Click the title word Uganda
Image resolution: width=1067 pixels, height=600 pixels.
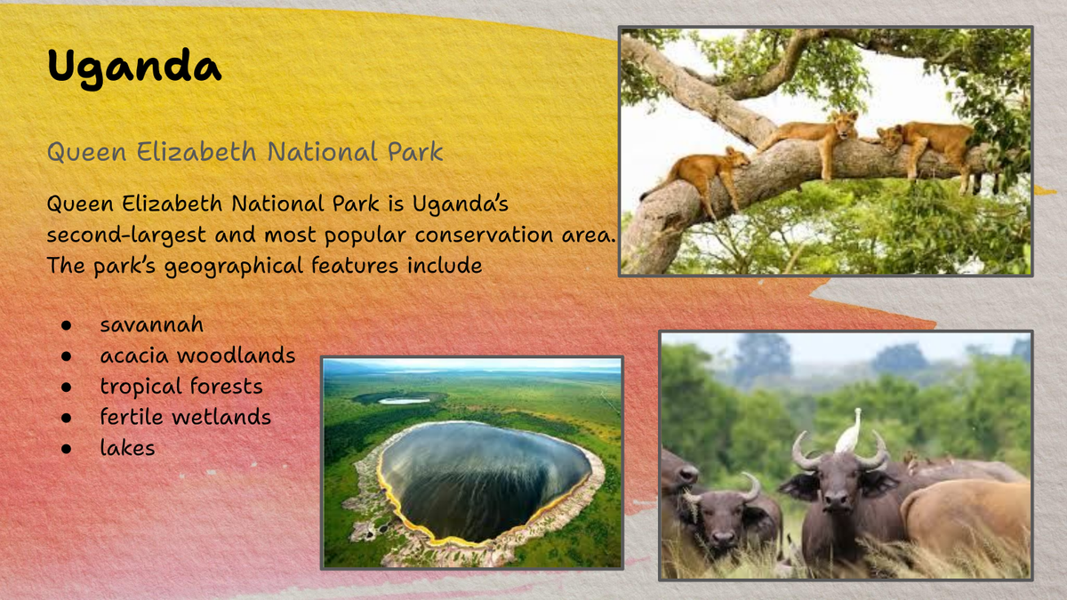pyautogui.click(x=134, y=68)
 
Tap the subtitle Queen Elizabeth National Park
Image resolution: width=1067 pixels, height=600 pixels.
pyautogui.click(x=245, y=152)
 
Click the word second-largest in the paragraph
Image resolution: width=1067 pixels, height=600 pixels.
pyautogui.click(x=126, y=236)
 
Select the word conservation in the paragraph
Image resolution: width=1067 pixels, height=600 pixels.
pyautogui.click(x=483, y=235)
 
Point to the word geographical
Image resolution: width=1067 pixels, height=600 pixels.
pyautogui.click(x=233, y=266)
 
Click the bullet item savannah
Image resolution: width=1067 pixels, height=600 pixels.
pyautogui.click(x=151, y=324)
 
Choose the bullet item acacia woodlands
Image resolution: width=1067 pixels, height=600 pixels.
pyautogui.click(x=197, y=356)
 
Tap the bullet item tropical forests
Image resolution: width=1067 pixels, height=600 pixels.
pyautogui.click(x=181, y=387)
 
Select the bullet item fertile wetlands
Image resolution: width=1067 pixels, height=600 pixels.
pyautogui.click(x=185, y=417)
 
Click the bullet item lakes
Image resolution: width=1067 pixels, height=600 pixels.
pyautogui.click(x=127, y=448)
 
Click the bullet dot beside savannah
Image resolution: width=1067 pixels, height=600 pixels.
pyautogui.click(x=66, y=325)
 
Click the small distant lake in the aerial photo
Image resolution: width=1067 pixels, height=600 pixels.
pyautogui.click(x=404, y=401)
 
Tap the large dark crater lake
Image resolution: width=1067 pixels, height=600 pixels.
pyautogui.click(x=485, y=481)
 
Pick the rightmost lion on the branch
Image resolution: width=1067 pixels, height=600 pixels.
pyautogui.click(x=927, y=148)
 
